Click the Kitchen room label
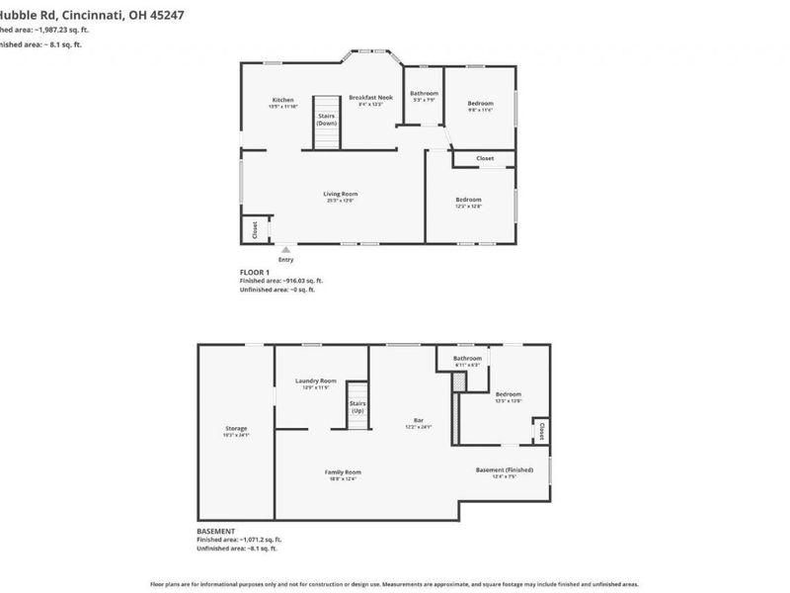click(x=283, y=100)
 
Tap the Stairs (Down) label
click(x=327, y=119)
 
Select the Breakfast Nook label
click(x=370, y=97)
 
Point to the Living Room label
click(x=340, y=194)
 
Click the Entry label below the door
click(x=285, y=260)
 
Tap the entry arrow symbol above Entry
click(x=285, y=250)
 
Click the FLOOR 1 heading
click(x=254, y=271)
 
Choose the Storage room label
click(x=236, y=429)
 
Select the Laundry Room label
click(x=316, y=381)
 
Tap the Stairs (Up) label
click(x=356, y=406)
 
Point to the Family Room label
click(x=344, y=472)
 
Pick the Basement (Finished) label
click(x=505, y=469)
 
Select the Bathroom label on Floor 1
click(x=424, y=94)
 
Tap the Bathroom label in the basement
click(x=467, y=358)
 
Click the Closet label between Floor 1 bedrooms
click(x=485, y=158)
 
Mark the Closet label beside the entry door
click(x=255, y=230)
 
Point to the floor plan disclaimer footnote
click(x=394, y=584)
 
